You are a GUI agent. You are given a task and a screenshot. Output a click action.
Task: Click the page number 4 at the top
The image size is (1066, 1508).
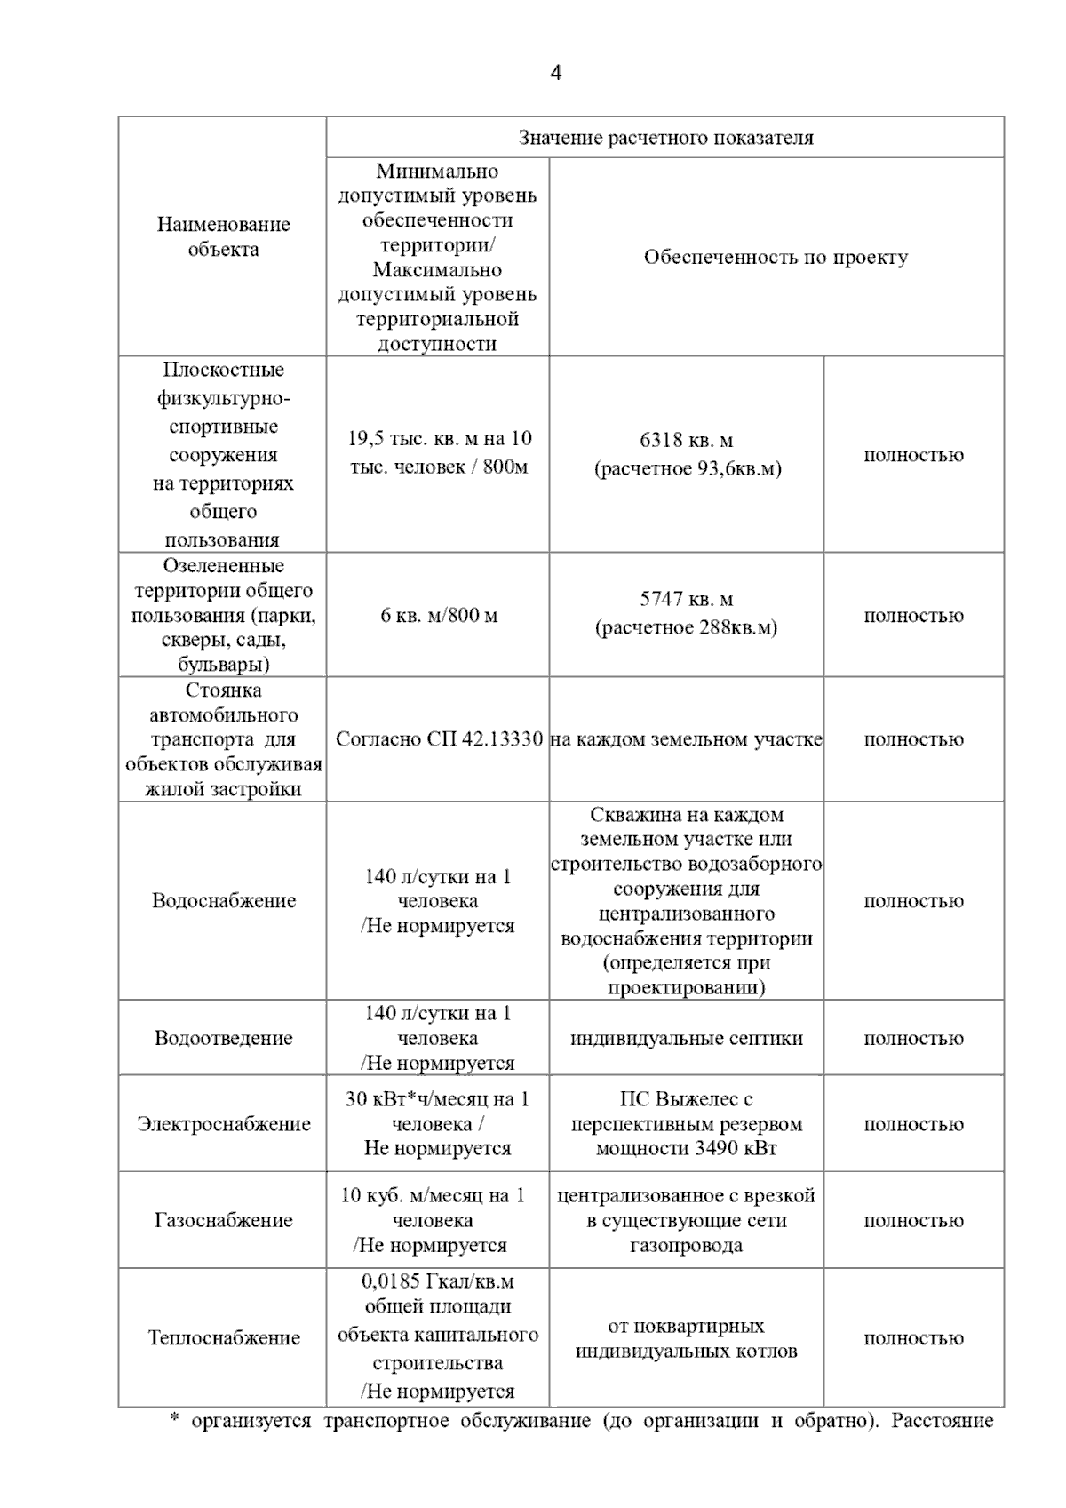tap(555, 73)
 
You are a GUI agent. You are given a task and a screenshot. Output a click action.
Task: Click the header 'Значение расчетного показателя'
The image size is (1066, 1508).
tap(665, 138)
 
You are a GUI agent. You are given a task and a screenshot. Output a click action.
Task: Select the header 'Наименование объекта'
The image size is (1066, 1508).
tap(223, 236)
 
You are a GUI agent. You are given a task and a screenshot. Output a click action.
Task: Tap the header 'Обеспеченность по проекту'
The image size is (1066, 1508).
tap(776, 258)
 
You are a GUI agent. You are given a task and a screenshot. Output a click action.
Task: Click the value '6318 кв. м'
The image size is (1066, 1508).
tap(686, 440)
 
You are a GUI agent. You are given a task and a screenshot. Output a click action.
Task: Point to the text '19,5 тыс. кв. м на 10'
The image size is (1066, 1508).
tap(439, 438)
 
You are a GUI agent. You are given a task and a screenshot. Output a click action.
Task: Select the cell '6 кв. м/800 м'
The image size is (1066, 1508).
tap(439, 615)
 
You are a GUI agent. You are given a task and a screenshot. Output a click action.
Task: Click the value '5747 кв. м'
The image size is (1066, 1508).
tap(686, 600)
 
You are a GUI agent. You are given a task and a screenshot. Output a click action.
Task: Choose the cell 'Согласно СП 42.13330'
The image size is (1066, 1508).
tap(439, 739)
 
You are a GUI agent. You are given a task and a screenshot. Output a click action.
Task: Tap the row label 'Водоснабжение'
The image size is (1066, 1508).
tap(223, 900)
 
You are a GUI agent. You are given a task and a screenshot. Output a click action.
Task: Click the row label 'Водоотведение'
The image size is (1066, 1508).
tap(223, 1038)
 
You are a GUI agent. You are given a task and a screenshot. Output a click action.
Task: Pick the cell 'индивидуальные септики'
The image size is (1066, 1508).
tap(686, 1038)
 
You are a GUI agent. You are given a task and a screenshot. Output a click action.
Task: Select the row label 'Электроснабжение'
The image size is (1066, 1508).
tap(223, 1123)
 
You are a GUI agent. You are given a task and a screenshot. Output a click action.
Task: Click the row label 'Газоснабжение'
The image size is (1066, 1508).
tap(223, 1220)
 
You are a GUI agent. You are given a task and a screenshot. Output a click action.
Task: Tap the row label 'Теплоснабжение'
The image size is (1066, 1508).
tap(223, 1337)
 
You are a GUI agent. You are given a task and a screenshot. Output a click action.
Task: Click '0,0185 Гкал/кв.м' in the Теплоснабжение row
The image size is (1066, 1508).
tap(437, 1281)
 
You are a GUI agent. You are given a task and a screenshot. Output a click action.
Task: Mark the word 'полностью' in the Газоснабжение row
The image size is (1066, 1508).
tap(913, 1220)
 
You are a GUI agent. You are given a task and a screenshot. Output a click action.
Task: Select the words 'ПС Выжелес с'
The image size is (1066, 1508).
tap(686, 1099)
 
